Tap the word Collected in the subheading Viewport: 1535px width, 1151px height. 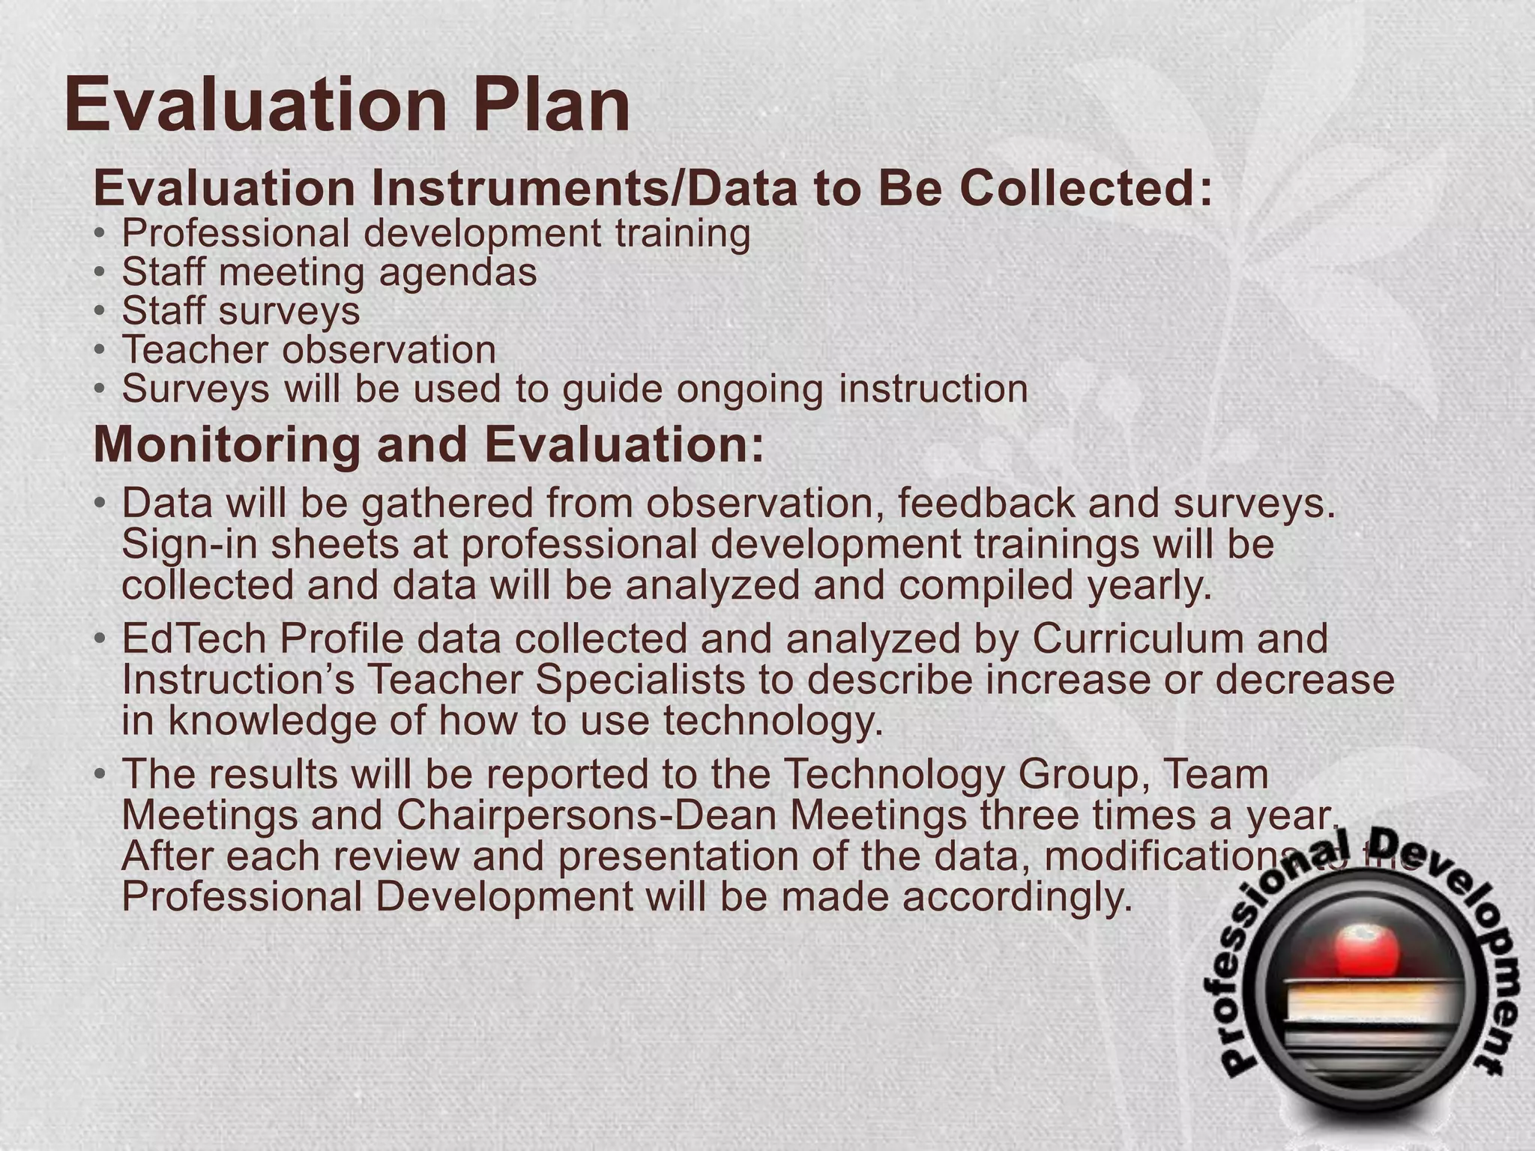coord(1084,188)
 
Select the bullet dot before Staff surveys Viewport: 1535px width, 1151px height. coord(100,310)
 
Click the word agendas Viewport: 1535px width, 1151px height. coord(458,272)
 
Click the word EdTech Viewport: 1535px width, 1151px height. coord(193,639)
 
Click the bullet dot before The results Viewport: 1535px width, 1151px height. coord(100,774)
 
